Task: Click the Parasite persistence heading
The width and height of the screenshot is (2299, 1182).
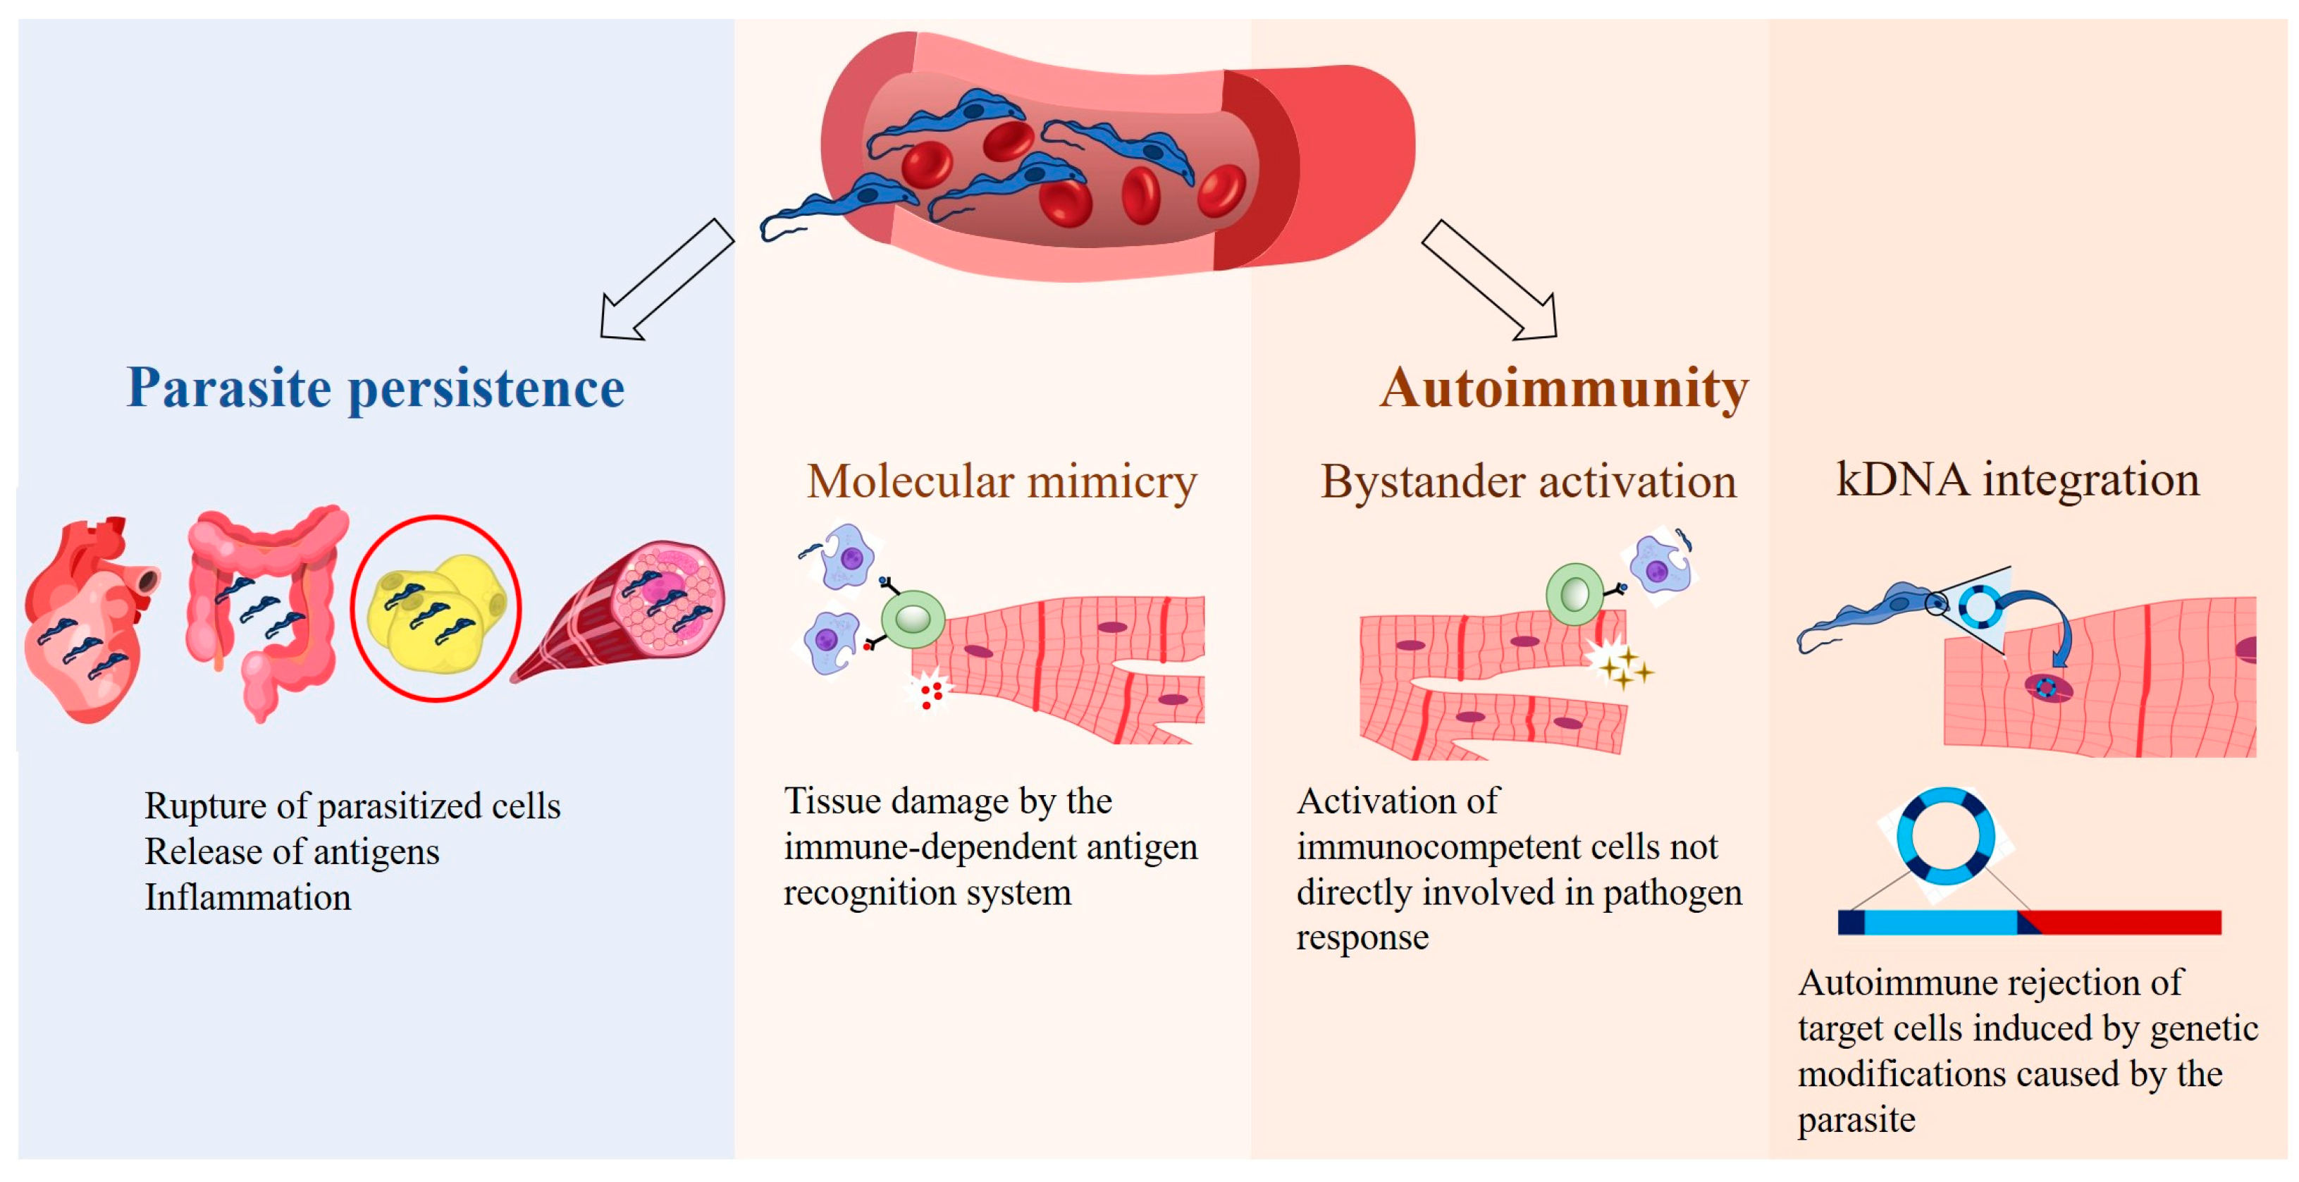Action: pyautogui.click(x=375, y=388)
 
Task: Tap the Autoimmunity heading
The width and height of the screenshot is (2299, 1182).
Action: pyautogui.click(x=1564, y=388)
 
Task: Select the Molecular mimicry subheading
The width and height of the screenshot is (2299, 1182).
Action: pyautogui.click(x=1001, y=482)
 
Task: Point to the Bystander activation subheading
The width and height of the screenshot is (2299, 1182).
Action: pyautogui.click(x=1528, y=482)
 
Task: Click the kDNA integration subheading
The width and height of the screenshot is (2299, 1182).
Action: pyautogui.click(x=2017, y=479)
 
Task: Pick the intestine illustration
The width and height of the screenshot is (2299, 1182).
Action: pyautogui.click(x=264, y=607)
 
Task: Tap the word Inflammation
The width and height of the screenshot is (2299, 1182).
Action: pyautogui.click(x=247, y=898)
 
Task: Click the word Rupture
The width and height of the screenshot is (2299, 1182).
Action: pyautogui.click(x=204, y=806)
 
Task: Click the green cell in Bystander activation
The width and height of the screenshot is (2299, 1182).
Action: pyautogui.click(x=1574, y=593)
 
